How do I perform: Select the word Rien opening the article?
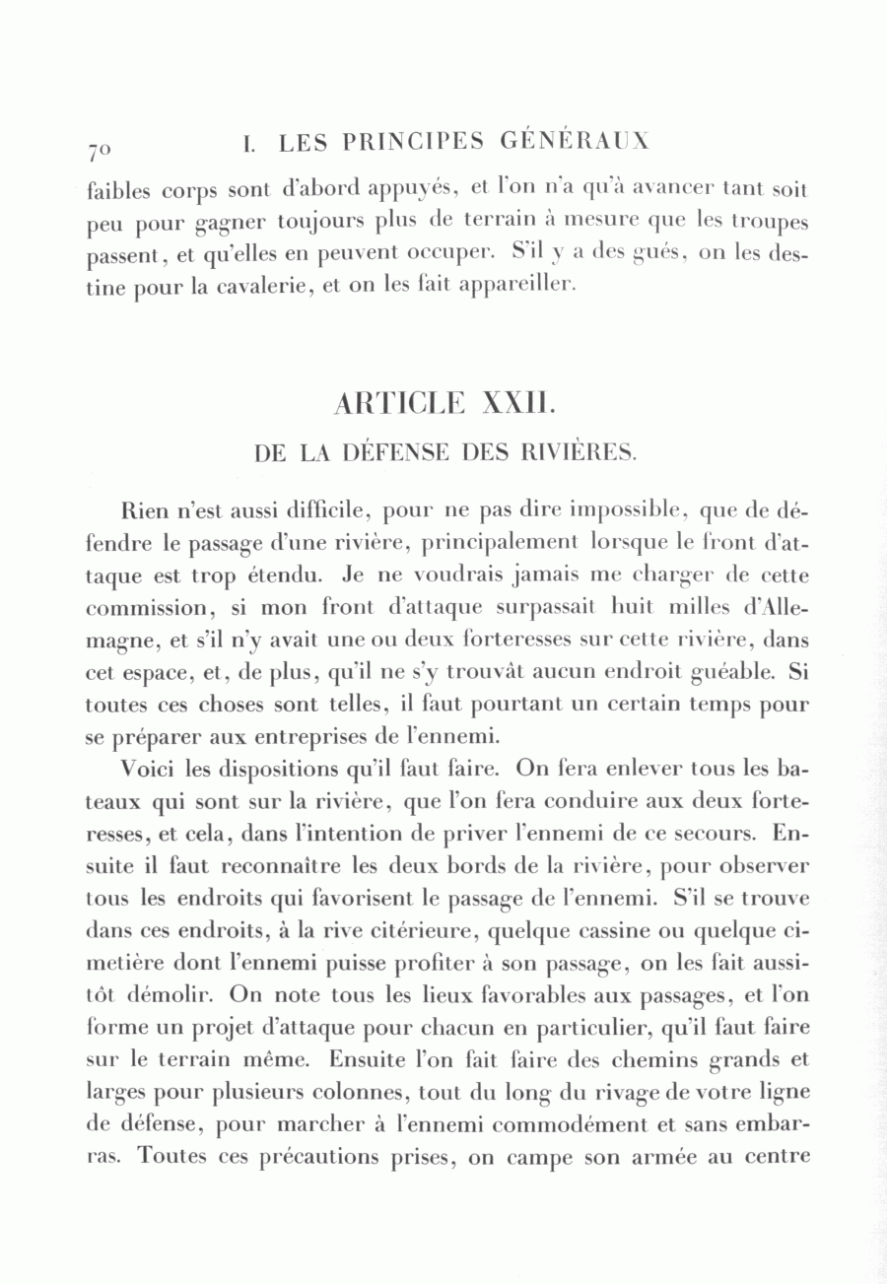pos(144,512)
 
